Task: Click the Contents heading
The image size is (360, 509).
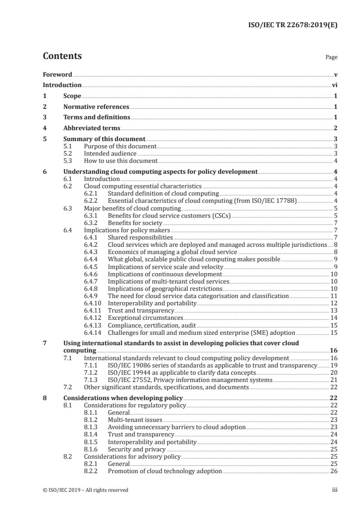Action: coord(62,56)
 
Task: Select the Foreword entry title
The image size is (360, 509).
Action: coord(57,74)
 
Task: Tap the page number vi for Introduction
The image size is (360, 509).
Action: coord(334,85)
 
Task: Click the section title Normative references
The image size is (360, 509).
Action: coord(96,107)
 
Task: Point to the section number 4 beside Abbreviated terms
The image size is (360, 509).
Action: coord(44,128)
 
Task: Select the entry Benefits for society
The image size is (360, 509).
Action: coord(135,223)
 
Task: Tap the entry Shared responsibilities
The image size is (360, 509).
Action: coord(140,237)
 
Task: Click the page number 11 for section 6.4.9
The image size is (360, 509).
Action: coord(334,296)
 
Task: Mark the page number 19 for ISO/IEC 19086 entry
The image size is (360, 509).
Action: coord(334,365)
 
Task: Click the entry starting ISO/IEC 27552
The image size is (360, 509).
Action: coord(190,380)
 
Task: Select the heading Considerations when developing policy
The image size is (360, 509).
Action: coord(123,398)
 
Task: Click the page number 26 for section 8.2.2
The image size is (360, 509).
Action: coord(334,471)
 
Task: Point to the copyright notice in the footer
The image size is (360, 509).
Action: coord(85,490)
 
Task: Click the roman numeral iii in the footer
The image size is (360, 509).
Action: coord(335,490)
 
